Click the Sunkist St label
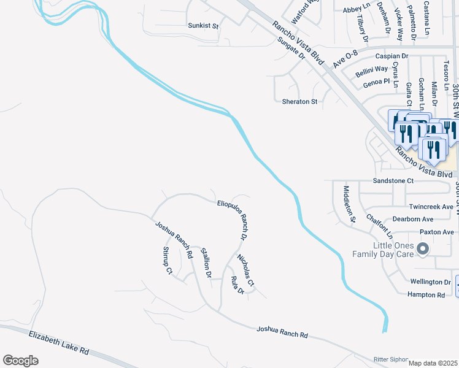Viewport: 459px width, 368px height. point(203,26)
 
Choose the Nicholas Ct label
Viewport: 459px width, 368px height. point(245,270)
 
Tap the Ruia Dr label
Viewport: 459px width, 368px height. point(237,285)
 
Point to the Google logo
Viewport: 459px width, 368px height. point(20,360)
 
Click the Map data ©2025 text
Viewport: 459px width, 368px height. point(433,363)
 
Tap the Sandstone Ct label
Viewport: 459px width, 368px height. point(393,181)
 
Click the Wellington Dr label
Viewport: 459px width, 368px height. point(430,282)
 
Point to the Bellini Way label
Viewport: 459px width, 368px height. point(371,70)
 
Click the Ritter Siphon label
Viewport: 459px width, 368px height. point(391,359)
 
